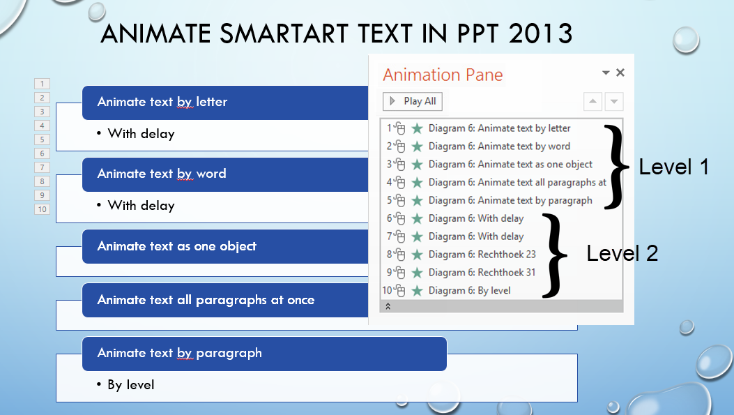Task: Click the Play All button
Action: tap(413, 101)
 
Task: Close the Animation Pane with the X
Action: tap(620, 73)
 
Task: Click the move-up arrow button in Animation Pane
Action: tap(592, 102)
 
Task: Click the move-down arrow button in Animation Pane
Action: tap(613, 102)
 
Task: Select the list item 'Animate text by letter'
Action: tap(499, 128)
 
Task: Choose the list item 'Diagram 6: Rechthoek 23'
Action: tap(482, 254)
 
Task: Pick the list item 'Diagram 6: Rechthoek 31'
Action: tap(482, 272)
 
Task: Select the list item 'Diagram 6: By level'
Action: tap(469, 290)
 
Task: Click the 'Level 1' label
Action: tap(673, 167)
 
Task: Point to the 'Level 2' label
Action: tap(622, 253)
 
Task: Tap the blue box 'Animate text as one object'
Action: tap(177, 246)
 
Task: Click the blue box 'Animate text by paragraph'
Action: tap(180, 353)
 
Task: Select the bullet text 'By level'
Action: tap(130, 384)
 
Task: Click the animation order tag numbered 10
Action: tap(42, 209)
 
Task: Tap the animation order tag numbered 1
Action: tap(42, 84)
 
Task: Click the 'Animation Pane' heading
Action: tap(443, 75)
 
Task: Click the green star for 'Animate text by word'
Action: tap(417, 146)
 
